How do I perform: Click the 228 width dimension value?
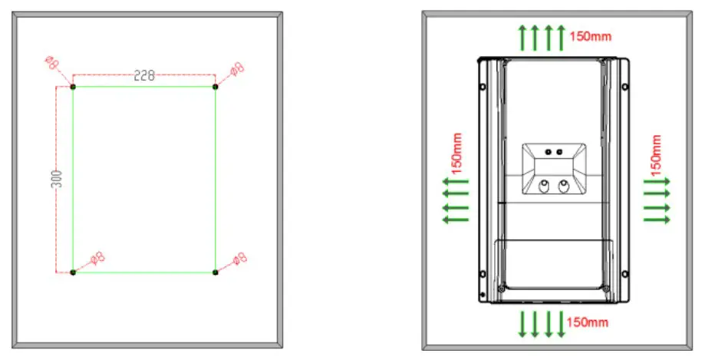click(x=144, y=75)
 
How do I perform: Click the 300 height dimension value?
click(x=57, y=180)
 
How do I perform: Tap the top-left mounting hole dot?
click(x=73, y=87)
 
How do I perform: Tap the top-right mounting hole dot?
click(x=216, y=87)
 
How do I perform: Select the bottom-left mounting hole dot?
click(x=73, y=272)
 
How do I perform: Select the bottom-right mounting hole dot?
click(x=216, y=272)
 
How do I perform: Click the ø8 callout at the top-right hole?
click(x=236, y=68)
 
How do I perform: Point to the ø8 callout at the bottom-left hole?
click(x=97, y=258)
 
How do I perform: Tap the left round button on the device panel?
click(x=545, y=186)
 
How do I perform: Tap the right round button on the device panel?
click(x=565, y=186)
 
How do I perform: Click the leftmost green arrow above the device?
click(x=522, y=37)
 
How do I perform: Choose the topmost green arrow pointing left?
click(x=456, y=182)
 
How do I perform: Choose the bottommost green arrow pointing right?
click(x=657, y=220)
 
